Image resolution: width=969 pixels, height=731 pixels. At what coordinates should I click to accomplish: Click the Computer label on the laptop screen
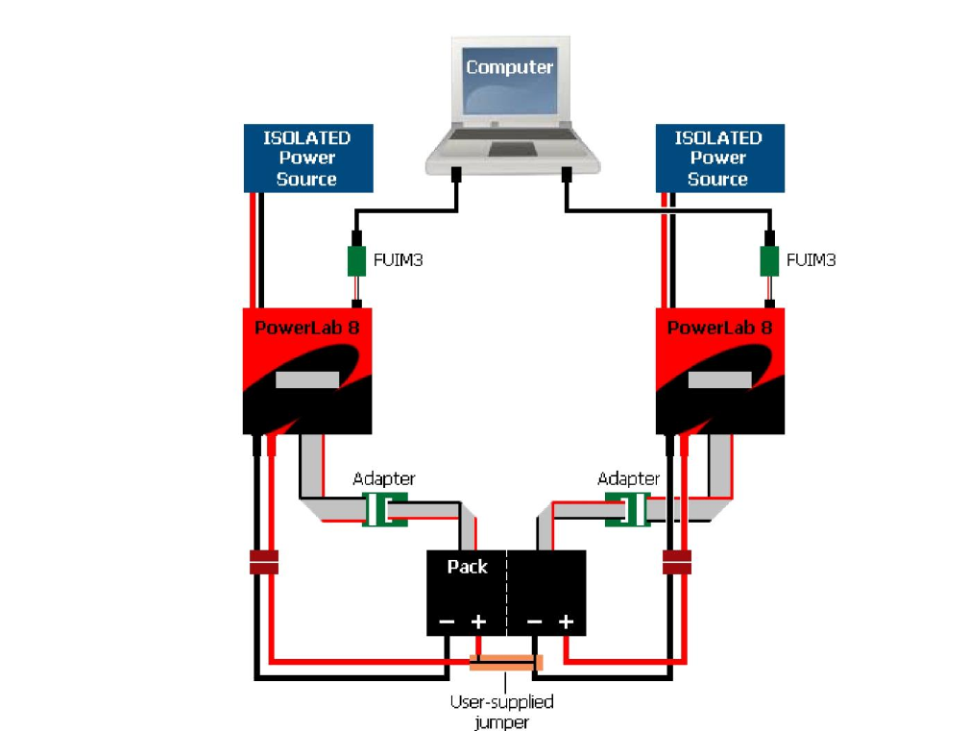[509, 67]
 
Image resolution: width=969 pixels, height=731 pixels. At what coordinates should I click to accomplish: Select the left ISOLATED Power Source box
[306, 158]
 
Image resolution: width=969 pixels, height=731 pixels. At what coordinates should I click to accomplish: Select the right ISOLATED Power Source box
[717, 158]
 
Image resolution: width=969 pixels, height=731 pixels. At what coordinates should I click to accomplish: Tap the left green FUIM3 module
[355, 260]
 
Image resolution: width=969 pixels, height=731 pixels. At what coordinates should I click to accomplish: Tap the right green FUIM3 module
[768, 260]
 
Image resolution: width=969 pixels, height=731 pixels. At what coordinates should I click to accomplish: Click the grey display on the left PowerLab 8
[306, 379]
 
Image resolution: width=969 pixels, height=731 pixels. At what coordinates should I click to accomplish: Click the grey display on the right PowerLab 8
[719, 379]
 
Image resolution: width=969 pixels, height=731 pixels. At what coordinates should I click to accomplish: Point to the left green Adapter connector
[385, 509]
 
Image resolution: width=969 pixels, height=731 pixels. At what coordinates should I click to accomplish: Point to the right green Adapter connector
[628, 509]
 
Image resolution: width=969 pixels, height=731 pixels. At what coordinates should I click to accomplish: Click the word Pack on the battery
[467, 567]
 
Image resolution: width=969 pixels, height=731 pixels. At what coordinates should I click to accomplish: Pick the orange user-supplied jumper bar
[505, 663]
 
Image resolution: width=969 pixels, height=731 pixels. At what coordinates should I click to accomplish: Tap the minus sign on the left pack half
[447, 622]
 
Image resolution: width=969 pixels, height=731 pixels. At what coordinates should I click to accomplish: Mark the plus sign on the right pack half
[567, 621]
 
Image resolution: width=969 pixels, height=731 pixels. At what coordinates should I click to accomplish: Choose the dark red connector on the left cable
[263, 563]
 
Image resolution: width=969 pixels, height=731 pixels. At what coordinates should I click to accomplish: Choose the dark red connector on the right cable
[677, 563]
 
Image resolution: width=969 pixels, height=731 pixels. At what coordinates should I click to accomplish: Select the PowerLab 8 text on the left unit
[306, 327]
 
